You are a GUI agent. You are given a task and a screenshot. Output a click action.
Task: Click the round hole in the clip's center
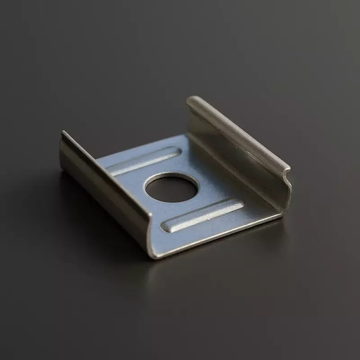tap(171, 188)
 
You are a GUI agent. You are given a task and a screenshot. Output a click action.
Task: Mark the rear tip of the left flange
tap(63, 134)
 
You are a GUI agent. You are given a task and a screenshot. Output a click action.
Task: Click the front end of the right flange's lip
tap(286, 173)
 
